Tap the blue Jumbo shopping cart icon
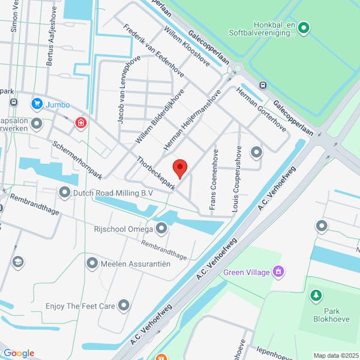[x=37, y=104]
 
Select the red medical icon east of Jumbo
[x=80, y=123]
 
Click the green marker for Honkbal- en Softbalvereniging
[x=304, y=27]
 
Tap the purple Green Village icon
[x=277, y=272]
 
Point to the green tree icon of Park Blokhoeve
[x=315, y=295]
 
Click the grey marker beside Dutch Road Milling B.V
[x=65, y=193]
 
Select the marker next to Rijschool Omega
[x=161, y=228]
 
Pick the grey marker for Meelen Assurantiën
[x=92, y=263]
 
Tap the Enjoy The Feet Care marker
[x=124, y=306]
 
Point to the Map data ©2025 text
[x=334, y=355]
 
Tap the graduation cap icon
[x=18, y=262]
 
